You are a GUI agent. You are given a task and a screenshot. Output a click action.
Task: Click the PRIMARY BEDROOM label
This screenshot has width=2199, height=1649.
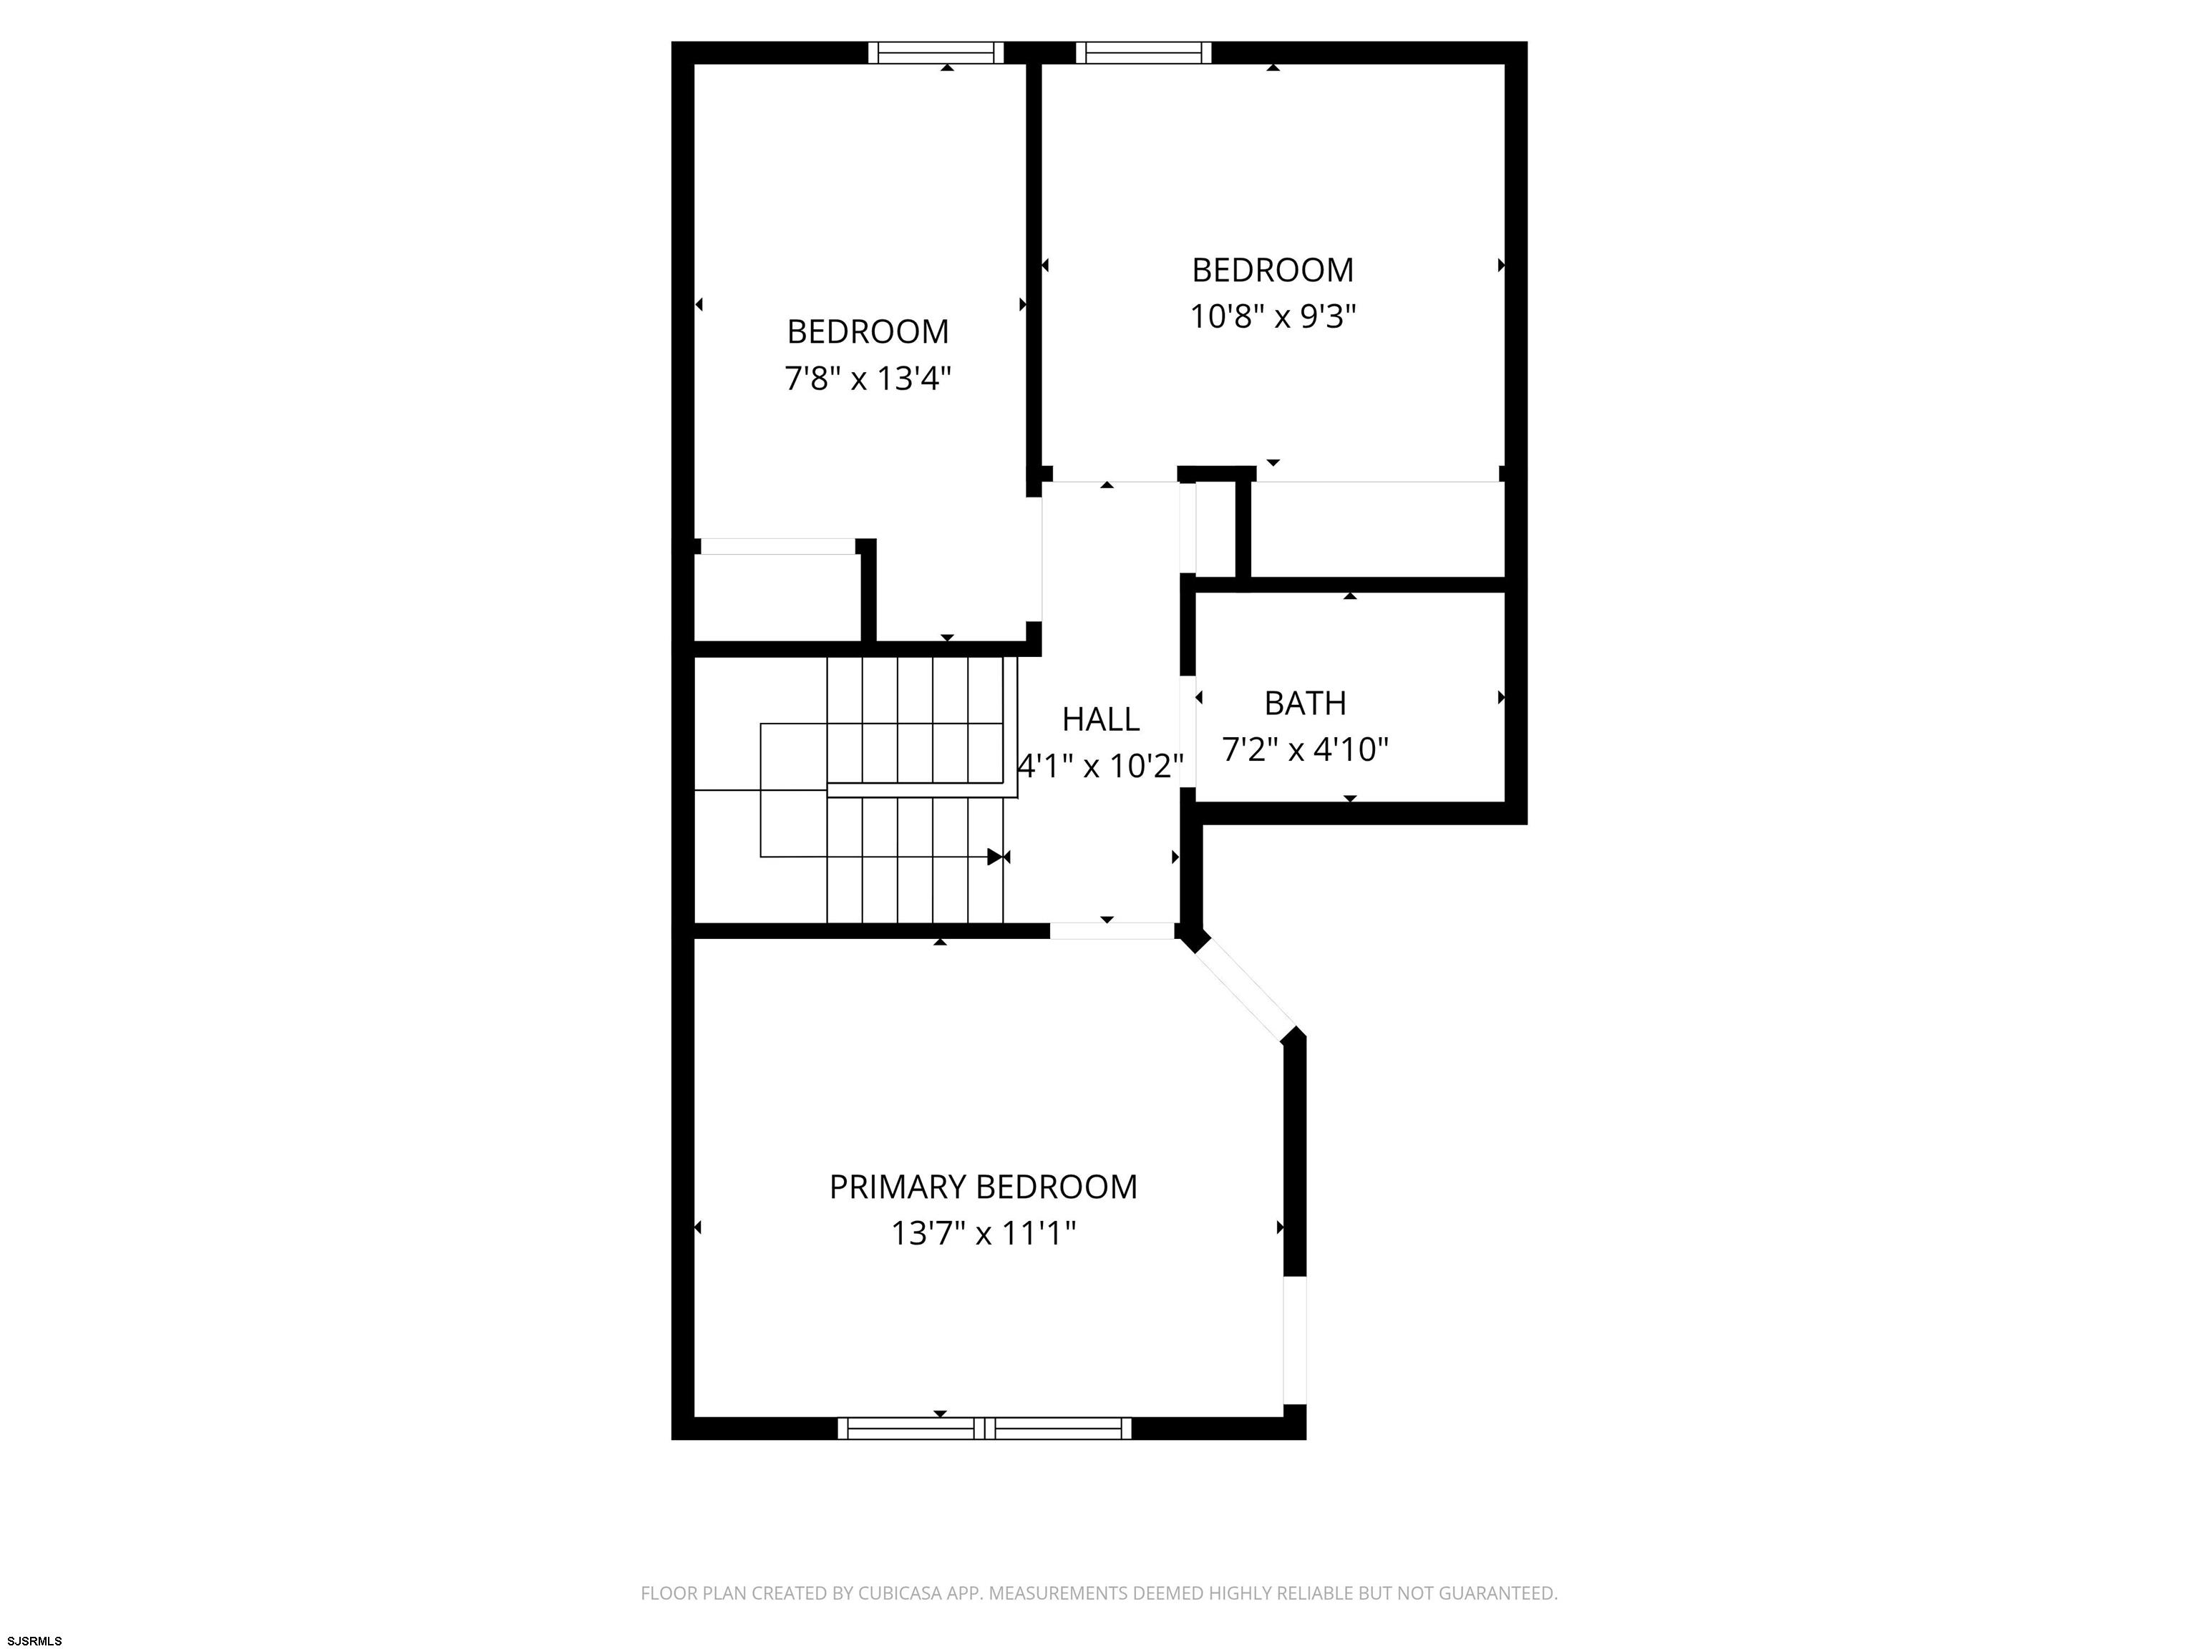(984, 1187)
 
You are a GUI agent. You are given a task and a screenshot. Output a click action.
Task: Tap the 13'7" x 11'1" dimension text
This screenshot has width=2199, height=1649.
(984, 1233)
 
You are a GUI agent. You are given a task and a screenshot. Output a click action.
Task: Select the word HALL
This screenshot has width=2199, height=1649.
(1100, 719)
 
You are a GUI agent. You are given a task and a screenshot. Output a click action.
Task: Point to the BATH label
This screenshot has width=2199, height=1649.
(1305, 703)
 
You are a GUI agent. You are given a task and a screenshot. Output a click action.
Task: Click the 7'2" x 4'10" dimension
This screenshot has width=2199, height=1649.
(1305, 749)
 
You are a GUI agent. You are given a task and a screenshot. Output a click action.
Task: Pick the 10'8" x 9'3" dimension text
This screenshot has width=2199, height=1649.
(1273, 316)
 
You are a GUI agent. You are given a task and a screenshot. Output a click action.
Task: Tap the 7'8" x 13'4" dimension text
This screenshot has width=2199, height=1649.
(868, 379)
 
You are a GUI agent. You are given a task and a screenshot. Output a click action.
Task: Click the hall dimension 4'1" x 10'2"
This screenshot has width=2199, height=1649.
(1100, 765)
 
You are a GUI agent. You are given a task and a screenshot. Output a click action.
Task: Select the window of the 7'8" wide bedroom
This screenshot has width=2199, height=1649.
(936, 53)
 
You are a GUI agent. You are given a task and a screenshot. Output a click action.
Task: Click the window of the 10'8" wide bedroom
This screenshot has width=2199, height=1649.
(1144, 53)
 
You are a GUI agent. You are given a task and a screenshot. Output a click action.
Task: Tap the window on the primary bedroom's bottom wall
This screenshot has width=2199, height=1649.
(985, 1429)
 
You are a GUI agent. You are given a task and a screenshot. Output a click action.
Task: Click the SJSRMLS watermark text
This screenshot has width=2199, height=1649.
(33, 1641)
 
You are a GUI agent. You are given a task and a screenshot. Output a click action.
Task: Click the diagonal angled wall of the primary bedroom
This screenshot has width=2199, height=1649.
(1245, 988)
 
